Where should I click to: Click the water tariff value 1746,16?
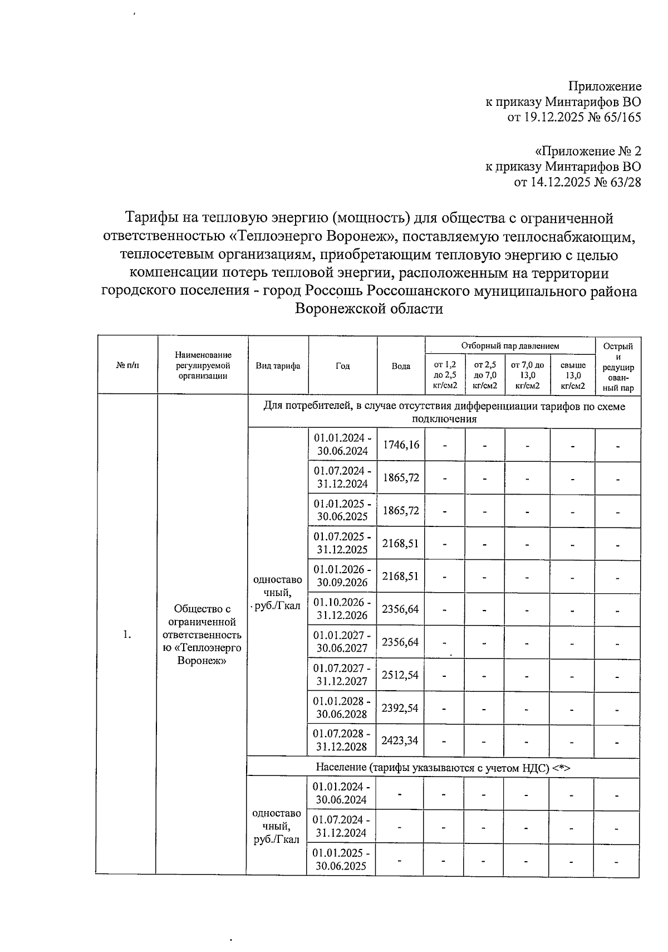(400, 445)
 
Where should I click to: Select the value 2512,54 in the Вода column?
(400, 675)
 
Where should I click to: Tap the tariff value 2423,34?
(400, 741)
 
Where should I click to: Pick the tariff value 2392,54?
(400, 708)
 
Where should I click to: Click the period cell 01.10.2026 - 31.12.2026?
(342, 609)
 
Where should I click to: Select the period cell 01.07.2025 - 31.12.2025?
(342, 543)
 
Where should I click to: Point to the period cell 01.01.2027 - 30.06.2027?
(342, 642)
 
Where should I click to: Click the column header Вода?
(401, 366)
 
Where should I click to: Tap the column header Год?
(342, 366)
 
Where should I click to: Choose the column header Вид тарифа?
(278, 366)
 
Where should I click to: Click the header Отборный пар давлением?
(510, 346)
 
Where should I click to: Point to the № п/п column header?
(128, 366)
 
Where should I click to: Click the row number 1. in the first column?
(127, 634)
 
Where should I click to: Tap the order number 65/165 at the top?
(621, 118)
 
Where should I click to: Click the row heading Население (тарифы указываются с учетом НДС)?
(443, 768)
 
